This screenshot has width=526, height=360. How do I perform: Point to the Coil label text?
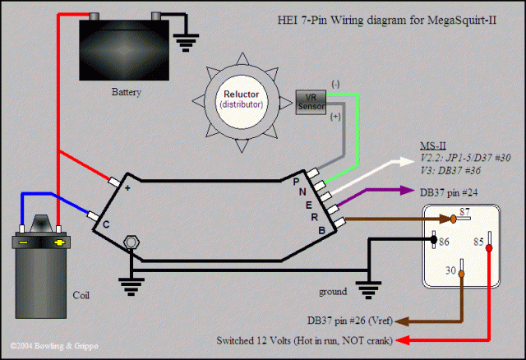click(x=81, y=294)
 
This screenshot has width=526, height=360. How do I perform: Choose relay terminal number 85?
click(x=477, y=242)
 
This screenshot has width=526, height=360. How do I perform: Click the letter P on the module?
click(x=296, y=181)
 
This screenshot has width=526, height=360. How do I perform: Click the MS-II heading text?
click(x=431, y=145)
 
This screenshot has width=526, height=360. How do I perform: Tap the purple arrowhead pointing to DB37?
click(x=408, y=191)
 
